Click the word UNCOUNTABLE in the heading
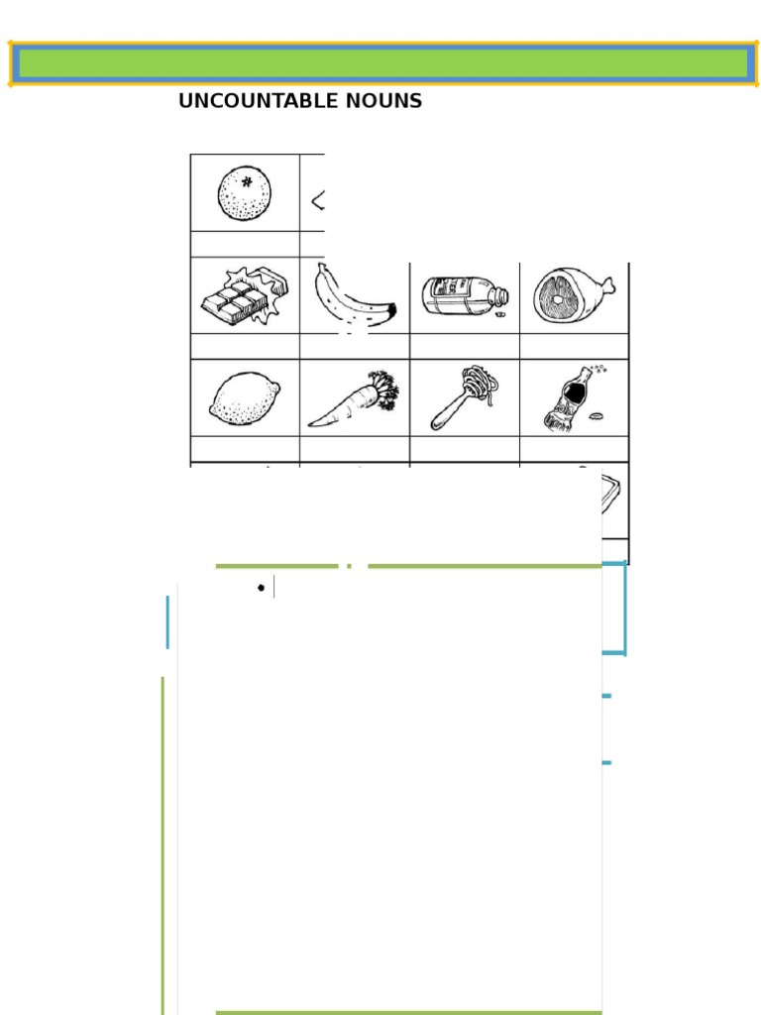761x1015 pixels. click(x=251, y=101)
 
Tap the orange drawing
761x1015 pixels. click(x=245, y=193)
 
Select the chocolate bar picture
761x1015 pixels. click(x=244, y=297)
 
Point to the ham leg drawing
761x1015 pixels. click(x=574, y=295)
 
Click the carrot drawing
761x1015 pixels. click(x=354, y=401)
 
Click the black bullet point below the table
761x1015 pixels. click(x=261, y=588)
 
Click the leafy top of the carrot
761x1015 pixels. click(x=383, y=390)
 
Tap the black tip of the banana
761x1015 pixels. click(x=391, y=311)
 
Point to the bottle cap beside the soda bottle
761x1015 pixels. click(x=598, y=417)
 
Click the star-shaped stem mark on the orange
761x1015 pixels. click(x=247, y=181)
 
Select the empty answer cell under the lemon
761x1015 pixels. click(x=245, y=449)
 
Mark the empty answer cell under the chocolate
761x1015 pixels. click(x=245, y=346)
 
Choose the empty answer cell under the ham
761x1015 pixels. click(x=574, y=346)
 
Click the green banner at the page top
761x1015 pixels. click(x=382, y=64)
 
